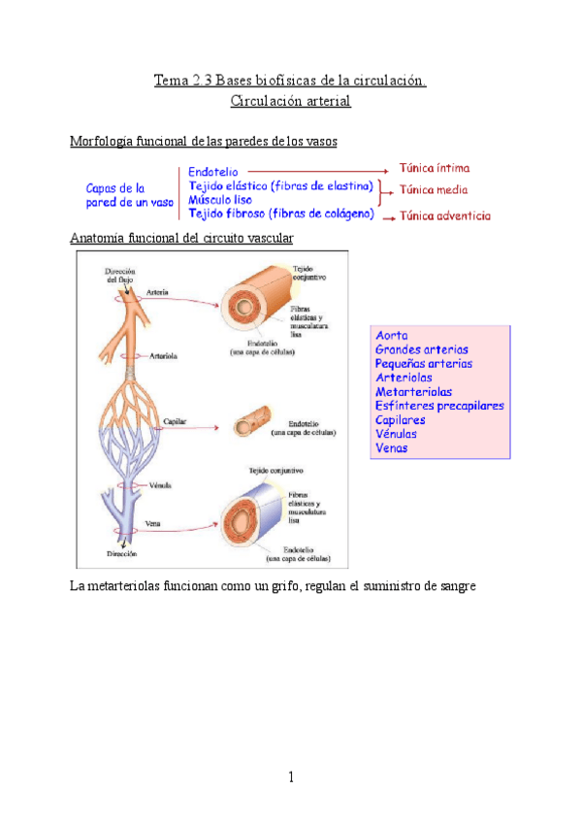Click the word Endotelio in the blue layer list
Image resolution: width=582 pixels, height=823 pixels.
click(x=215, y=171)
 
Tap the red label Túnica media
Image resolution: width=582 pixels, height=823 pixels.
click(x=434, y=190)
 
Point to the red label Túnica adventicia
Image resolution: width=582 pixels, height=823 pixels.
click(x=444, y=216)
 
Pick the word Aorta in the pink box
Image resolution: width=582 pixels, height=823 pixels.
click(x=392, y=335)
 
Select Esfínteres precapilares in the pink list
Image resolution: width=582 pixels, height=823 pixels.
click(x=439, y=406)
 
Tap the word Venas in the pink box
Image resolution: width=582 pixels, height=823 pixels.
click(x=392, y=448)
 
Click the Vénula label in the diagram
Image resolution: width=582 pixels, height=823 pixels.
click(x=161, y=484)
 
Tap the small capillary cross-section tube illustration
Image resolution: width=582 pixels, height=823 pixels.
click(x=250, y=423)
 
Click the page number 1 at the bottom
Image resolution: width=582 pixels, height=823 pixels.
click(x=290, y=776)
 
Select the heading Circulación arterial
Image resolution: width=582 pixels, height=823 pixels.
click(x=291, y=100)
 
